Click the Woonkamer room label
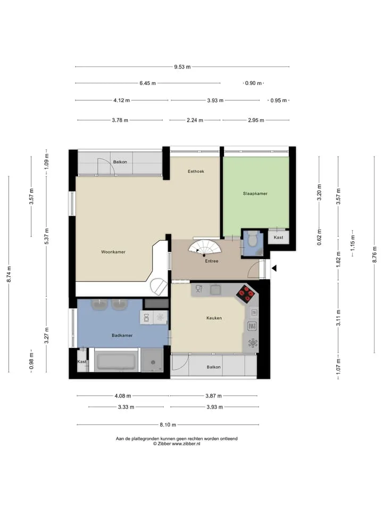(x=113, y=252)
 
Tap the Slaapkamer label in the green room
(x=255, y=193)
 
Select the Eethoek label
(x=196, y=172)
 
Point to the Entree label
(x=211, y=261)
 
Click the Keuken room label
(x=214, y=318)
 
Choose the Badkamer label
(x=122, y=335)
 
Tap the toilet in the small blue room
(x=252, y=239)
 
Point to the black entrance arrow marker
(x=274, y=268)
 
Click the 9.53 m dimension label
(x=182, y=67)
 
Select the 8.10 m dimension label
(x=168, y=425)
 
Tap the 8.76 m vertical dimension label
(x=374, y=254)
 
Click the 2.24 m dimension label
(x=195, y=121)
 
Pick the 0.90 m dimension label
(x=253, y=83)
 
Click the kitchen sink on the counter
(x=215, y=290)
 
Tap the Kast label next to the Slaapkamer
(x=278, y=237)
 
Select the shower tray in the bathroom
(x=152, y=360)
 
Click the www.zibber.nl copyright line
(x=177, y=444)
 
